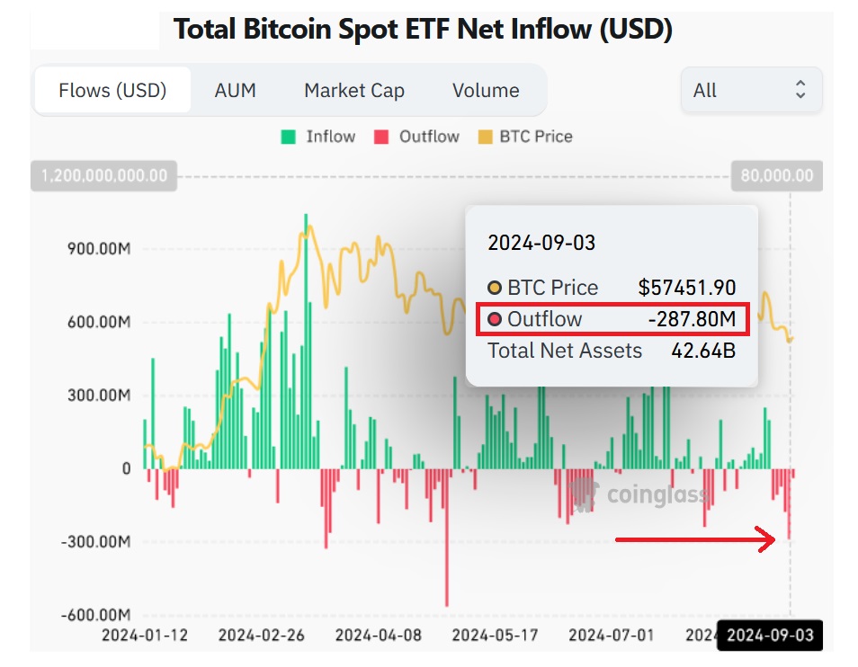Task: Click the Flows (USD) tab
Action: [x=112, y=91]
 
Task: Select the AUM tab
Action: [x=235, y=91]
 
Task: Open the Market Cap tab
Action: [x=354, y=91]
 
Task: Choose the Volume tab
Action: [x=486, y=91]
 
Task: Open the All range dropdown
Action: [x=751, y=90]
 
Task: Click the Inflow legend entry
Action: [x=318, y=137]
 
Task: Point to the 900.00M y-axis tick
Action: [x=99, y=248]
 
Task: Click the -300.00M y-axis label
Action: [x=95, y=542]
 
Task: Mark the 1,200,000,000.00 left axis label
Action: [x=104, y=175]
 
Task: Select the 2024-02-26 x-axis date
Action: [x=262, y=636]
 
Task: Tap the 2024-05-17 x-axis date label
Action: [x=495, y=636]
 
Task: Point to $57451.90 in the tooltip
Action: [x=687, y=288]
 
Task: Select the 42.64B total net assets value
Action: [x=703, y=351]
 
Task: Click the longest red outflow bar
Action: [x=447, y=539]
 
